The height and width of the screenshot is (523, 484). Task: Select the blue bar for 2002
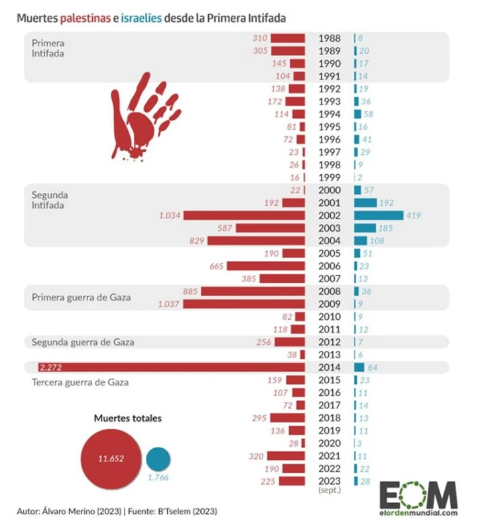pos(379,216)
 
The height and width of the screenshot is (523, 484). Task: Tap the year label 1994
pos(330,115)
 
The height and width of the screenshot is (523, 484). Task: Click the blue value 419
pos(414,216)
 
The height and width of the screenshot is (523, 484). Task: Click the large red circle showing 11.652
pos(110,458)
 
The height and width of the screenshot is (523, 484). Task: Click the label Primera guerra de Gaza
pos(81,298)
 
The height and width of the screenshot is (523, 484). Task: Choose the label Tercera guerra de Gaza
pos(80,383)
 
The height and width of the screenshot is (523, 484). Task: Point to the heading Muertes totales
pos(128,418)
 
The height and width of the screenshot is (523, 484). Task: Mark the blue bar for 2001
pos(365,203)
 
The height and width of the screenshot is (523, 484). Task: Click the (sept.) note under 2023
pos(330,492)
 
